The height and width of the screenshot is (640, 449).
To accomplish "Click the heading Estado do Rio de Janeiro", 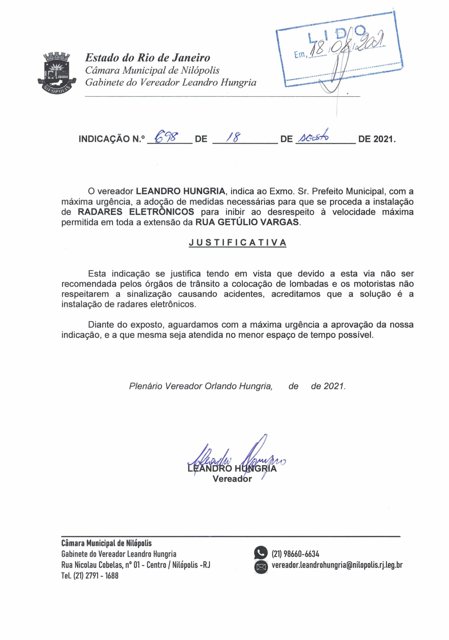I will pos(148,58).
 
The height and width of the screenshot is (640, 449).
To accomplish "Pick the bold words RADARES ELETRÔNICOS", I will pos(136,212).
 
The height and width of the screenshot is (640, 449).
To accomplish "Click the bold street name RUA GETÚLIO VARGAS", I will pos(247,222).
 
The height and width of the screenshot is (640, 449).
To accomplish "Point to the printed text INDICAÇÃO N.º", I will pos(112,139).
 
